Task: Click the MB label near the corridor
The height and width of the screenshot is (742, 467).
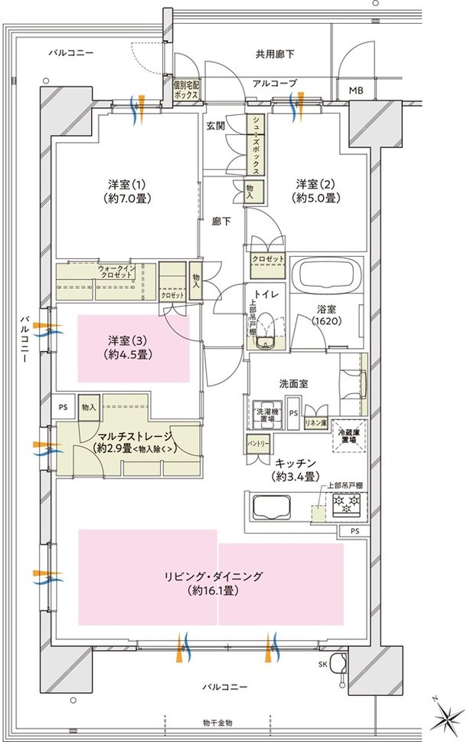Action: pyautogui.click(x=356, y=91)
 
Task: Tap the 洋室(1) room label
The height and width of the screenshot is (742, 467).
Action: pyautogui.click(x=126, y=191)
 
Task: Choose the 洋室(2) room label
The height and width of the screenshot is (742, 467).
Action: pyautogui.click(x=318, y=191)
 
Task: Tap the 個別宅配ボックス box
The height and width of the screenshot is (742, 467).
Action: pyautogui.click(x=186, y=90)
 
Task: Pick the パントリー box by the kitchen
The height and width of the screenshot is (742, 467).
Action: pyautogui.click(x=256, y=444)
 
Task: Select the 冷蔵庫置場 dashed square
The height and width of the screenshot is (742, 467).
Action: pyautogui.click(x=353, y=439)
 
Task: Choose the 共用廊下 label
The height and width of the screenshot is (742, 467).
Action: pyautogui.click(x=275, y=54)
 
